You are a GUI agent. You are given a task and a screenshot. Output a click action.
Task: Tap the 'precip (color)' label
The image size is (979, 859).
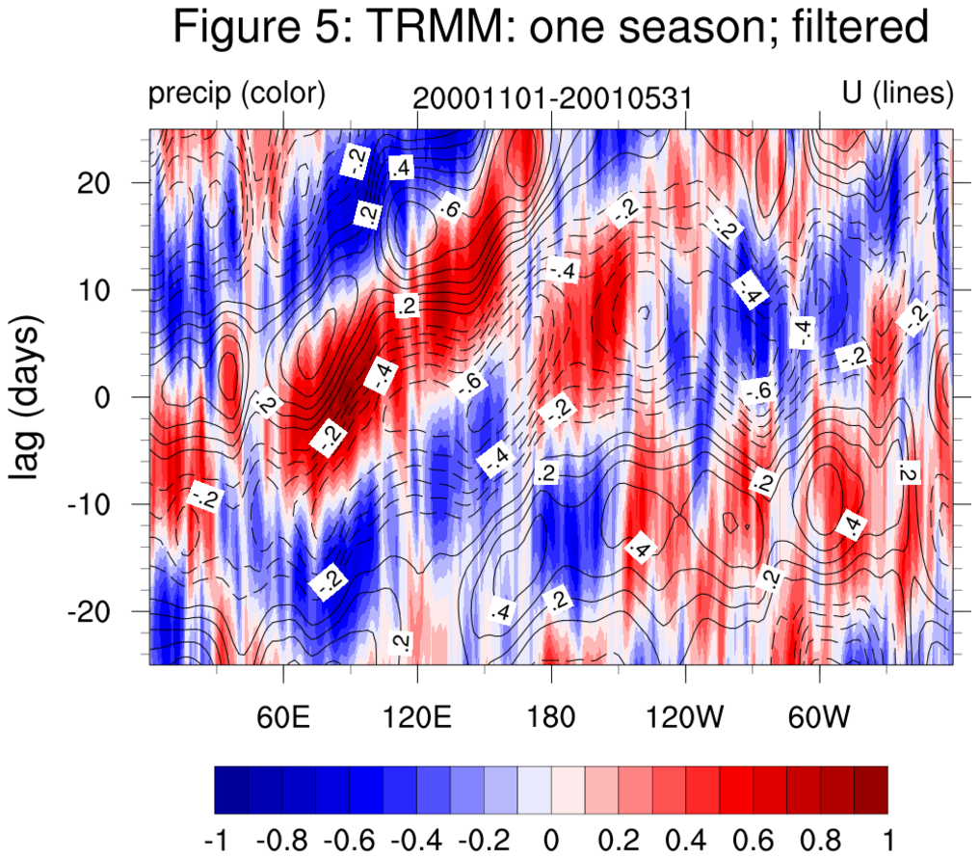[236, 94]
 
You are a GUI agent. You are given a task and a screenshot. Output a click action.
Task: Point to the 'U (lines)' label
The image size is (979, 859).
[897, 94]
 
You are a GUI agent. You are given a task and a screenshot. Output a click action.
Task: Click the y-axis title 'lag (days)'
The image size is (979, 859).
[30, 397]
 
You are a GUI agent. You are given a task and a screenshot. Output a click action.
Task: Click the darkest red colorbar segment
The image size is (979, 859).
[870, 790]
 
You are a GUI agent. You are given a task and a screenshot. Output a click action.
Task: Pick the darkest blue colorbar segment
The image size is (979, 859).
[231, 790]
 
